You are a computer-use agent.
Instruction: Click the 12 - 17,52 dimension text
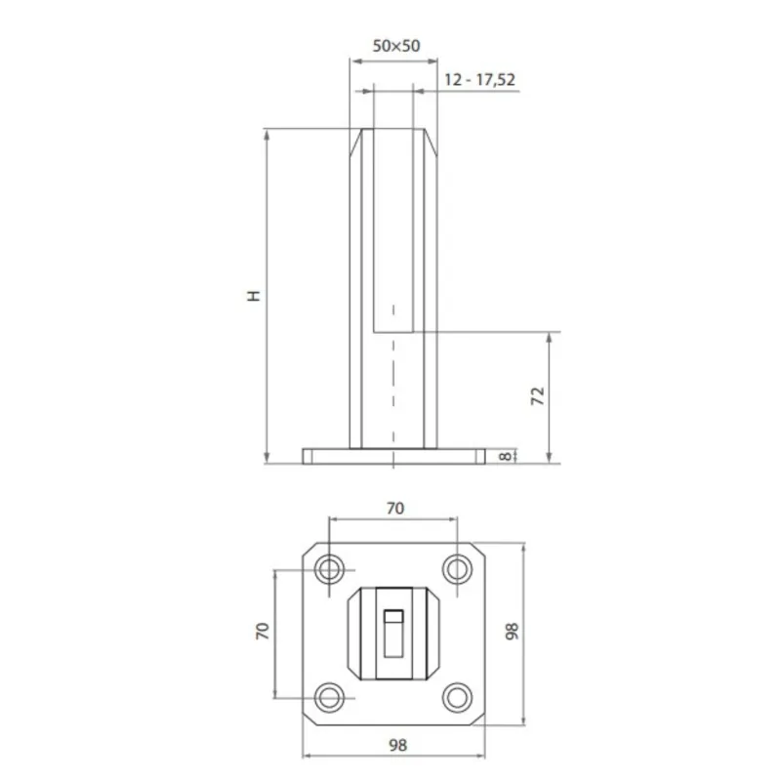point(478,80)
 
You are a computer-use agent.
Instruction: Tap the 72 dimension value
point(536,395)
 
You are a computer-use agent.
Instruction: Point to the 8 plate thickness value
point(505,456)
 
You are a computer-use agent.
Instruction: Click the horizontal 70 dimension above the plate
point(394,508)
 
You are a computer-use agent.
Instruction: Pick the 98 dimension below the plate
point(395,744)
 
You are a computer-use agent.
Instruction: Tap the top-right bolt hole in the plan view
point(457,568)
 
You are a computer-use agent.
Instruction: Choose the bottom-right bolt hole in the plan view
point(457,696)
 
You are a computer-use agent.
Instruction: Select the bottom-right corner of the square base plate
point(478,719)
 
